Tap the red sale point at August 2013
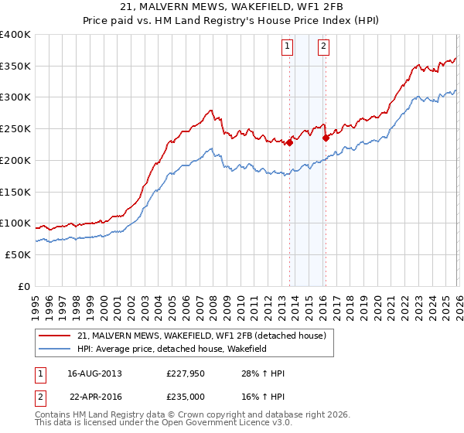pos(289,142)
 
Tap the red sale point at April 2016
pos(326,138)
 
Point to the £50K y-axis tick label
pos(18,254)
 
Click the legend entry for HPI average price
pos(181,349)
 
